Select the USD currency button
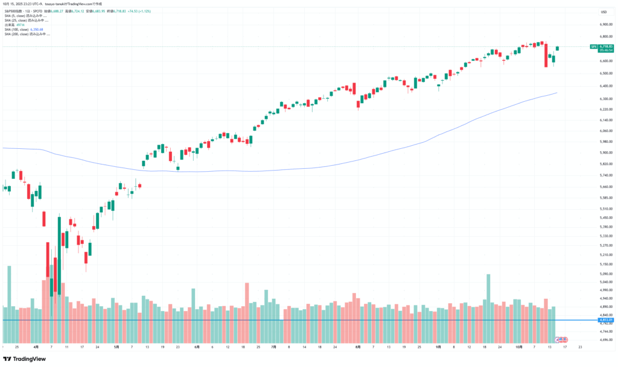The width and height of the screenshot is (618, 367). tap(604, 12)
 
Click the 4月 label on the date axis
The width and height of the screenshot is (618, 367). tap(36, 348)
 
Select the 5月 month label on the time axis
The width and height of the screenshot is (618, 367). tap(116, 348)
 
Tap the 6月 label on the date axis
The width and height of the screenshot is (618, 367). tap(197, 348)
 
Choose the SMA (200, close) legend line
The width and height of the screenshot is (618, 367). tap(27, 34)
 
